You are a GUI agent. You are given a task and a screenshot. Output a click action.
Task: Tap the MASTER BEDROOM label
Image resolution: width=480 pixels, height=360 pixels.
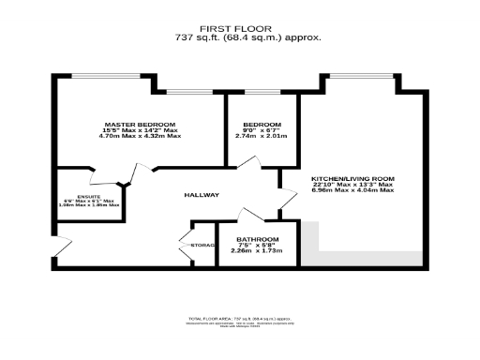(x=140, y=125)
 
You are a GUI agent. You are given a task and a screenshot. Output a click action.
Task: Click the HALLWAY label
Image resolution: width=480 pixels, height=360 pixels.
(x=202, y=195)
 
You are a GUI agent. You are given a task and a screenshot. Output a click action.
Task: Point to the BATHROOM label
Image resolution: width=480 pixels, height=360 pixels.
(x=257, y=239)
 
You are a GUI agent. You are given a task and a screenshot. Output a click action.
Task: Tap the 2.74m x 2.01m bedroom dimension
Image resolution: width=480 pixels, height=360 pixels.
(x=261, y=136)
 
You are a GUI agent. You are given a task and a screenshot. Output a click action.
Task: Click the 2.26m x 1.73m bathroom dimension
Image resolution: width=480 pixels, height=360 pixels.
(x=257, y=251)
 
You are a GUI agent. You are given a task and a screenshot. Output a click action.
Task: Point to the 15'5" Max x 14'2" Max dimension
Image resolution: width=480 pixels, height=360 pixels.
(x=140, y=130)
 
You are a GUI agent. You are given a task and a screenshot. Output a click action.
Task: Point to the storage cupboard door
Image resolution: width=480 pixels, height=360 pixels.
(x=186, y=246)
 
